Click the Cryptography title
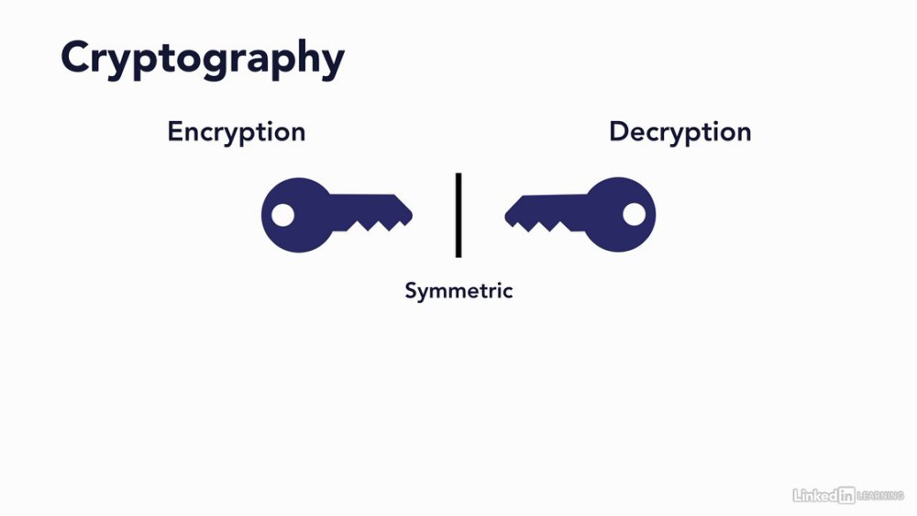203,60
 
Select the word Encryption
237,132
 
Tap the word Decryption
680,132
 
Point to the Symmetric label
458,291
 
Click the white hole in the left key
283,215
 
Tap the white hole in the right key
634,214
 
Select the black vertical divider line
458,215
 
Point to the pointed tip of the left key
413,215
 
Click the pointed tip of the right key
504,216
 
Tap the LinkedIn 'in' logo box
846,496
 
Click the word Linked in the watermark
814,496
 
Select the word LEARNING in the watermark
880,496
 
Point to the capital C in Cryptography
76,57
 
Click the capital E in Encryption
175,131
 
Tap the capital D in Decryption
619,131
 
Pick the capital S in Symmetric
412,290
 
